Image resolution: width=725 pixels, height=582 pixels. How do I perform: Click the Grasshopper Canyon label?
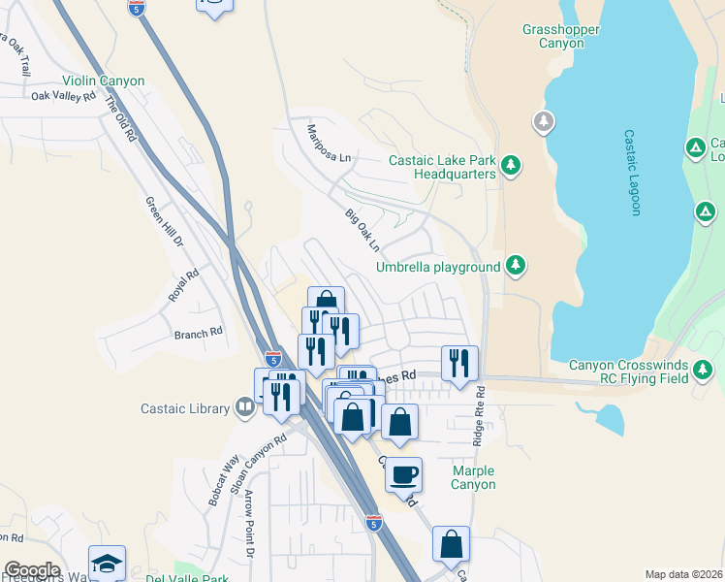pos(560,37)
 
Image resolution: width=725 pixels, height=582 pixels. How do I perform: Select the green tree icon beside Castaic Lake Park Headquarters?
pos(512,167)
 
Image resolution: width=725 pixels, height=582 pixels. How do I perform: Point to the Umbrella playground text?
pos(438,267)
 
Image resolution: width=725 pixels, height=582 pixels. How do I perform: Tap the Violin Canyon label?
pos(103,81)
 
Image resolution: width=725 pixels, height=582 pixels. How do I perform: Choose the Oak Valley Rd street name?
pos(63,96)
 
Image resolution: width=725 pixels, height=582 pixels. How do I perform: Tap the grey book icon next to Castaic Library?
pos(245,406)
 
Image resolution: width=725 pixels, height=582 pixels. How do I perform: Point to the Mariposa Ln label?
pos(328,144)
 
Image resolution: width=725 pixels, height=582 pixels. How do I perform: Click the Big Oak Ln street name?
pos(362,228)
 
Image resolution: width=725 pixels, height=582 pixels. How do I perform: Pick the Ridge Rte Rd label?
pos(479,417)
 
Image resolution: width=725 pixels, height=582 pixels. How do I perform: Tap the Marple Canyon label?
pos(474,477)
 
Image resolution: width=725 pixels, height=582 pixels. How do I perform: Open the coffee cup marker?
pos(404,475)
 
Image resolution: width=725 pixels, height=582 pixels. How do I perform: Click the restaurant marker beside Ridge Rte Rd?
pos(459,363)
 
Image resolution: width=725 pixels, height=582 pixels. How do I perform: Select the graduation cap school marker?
pos(107,563)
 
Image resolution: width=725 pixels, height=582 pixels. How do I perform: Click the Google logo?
pos(32,570)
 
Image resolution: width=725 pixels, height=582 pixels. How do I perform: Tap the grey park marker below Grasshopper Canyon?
pos(544,122)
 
